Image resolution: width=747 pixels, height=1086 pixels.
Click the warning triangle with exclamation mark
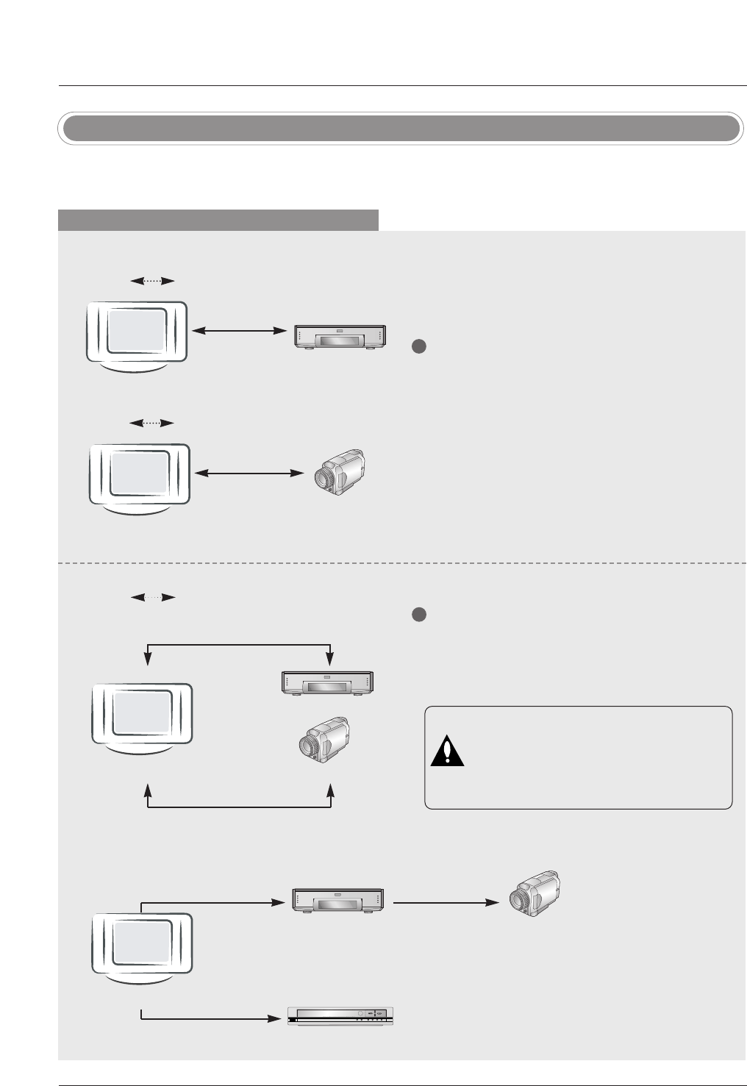tap(447, 751)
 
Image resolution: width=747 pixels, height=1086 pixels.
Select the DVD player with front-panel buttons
tap(340, 1017)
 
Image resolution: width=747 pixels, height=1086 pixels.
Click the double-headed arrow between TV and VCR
tap(239, 332)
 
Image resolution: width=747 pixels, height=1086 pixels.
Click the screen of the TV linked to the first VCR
tap(137, 330)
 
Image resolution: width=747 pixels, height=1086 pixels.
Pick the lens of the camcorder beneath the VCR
tap(305, 746)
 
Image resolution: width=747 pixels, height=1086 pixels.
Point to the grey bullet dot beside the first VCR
tap(418, 347)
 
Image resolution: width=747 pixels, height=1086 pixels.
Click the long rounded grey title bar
tap(401, 129)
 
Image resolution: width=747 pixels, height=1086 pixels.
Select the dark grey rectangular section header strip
tap(218, 220)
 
